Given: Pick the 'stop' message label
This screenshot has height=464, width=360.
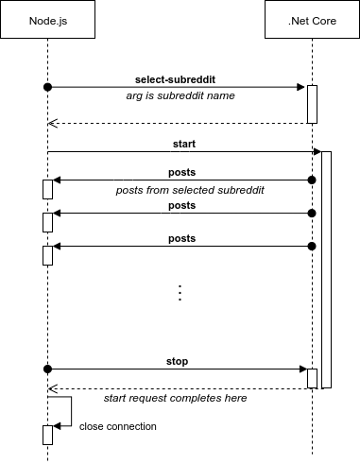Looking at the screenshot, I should point(178,361).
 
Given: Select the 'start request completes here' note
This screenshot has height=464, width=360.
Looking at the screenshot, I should point(176,399).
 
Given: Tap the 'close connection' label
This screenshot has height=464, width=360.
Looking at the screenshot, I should point(118,426).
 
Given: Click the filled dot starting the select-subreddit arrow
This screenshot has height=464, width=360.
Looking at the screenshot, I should point(47,87).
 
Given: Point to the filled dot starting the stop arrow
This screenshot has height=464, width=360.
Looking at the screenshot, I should point(47,369).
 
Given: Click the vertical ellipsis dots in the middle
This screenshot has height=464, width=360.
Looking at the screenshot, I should point(180,292).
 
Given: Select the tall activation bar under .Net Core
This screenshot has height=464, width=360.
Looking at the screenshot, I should point(326,269).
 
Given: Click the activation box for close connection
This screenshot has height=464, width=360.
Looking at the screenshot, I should point(47,435).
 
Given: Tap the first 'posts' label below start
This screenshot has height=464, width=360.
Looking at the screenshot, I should point(181,172).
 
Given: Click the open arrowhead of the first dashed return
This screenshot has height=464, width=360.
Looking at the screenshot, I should point(53,123).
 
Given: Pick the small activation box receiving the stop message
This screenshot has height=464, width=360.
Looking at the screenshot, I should point(312,377).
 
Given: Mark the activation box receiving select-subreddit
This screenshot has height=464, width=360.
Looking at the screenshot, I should point(312,104).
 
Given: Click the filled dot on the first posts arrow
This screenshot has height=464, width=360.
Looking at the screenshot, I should point(311,180).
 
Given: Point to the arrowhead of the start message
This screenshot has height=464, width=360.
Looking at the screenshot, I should point(317,152).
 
